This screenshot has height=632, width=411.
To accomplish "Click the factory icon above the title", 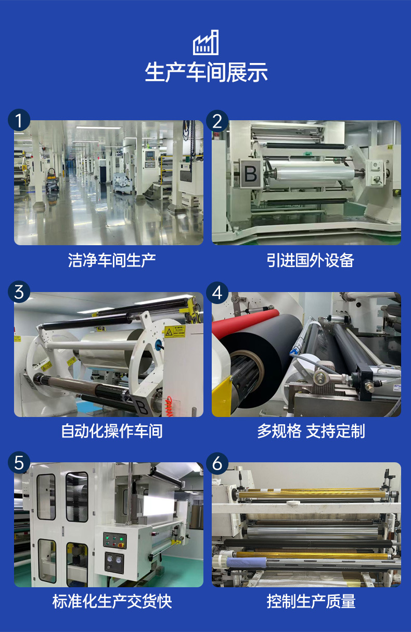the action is (x=205, y=42).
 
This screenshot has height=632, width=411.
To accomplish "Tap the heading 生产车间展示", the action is (x=206, y=72).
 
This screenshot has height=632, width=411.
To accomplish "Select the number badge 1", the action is (x=19, y=120).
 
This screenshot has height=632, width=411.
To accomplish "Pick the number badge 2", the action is (x=217, y=121).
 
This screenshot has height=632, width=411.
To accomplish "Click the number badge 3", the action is (x=19, y=292).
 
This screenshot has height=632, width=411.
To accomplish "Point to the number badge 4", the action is (x=217, y=293).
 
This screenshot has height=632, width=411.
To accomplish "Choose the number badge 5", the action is (x=19, y=463).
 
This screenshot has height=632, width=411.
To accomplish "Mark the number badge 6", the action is (x=217, y=463).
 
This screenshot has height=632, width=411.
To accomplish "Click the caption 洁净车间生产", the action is (x=112, y=260).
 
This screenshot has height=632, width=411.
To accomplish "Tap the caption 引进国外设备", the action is (x=311, y=260).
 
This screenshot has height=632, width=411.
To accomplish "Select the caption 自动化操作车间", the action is (x=112, y=431).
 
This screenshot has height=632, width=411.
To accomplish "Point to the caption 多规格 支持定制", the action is (x=311, y=431).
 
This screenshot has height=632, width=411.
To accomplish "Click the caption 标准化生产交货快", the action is (x=112, y=601).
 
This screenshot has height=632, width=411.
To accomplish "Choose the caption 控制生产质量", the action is (x=311, y=601).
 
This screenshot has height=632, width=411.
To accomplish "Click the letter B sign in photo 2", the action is (x=251, y=173).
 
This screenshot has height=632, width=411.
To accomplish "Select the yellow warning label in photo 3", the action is (x=175, y=332).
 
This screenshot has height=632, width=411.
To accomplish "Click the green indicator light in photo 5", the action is (x=122, y=539).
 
